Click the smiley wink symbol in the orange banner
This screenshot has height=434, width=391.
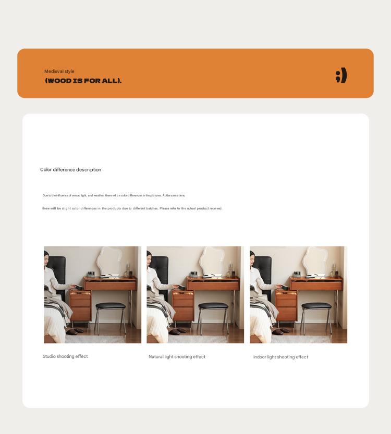pos(341,76)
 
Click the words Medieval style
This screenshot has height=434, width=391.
pos(59,71)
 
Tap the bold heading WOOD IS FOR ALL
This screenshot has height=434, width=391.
pos(83,81)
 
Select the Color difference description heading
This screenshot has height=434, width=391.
pos(70,170)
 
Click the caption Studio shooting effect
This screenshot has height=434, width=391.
pos(65,356)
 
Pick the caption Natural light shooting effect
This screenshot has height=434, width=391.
pos(177,357)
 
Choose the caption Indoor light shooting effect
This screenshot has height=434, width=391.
pos(280,357)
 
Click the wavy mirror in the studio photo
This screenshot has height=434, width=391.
pos(113,261)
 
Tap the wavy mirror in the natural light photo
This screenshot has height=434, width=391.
pos(215,261)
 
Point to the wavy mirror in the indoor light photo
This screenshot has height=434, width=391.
pos(319,261)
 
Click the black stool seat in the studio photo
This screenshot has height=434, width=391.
pos(111,306)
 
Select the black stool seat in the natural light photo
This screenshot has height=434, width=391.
pos(213,306)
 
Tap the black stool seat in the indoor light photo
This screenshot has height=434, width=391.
pos(316,306)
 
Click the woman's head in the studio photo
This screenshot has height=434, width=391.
pos(47,257)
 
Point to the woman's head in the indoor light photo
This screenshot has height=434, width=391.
pos(253,257)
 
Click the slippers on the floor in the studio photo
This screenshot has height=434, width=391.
pos(76,331)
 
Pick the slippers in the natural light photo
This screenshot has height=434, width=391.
pos(178,331)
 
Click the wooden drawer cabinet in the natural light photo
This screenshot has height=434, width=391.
pos(183,307)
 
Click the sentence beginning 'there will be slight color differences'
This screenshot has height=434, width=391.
pos(132,208)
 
